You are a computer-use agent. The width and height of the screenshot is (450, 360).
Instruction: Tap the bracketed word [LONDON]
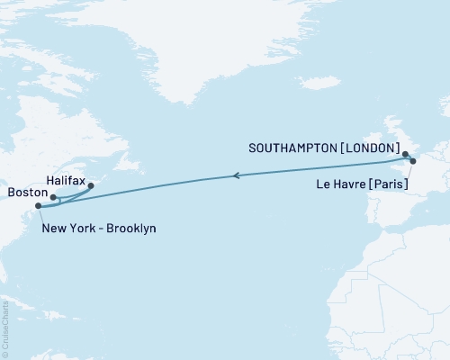click(x=365, y=147)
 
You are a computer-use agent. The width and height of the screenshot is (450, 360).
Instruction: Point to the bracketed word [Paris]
click(x=387, y=184)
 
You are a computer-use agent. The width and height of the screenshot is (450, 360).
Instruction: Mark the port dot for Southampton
click(x=405, y=154)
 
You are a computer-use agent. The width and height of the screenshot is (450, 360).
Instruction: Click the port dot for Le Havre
click(x=413, y=162)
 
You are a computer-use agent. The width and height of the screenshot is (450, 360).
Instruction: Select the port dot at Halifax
click(x=91, y=186)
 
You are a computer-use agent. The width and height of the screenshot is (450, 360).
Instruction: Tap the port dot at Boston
click(x=53, y=197)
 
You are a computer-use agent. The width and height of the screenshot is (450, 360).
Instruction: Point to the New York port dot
click(x=38, y=207)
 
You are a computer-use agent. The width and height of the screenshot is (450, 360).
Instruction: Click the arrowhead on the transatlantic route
click(x=235, y=175)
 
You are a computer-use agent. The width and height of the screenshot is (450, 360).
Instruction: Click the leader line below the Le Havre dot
click(x=411, y=171)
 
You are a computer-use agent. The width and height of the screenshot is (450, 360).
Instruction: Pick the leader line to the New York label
click(x=40, y=215)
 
